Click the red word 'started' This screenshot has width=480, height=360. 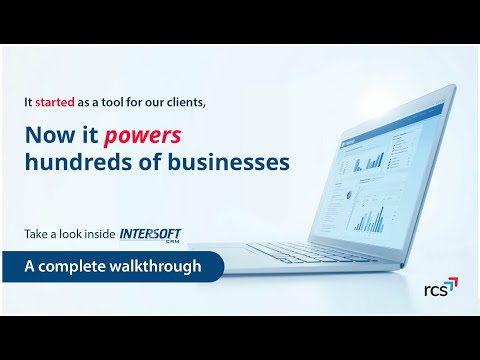tap(55, 101)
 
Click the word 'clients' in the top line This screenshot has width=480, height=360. tap(166, 101)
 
